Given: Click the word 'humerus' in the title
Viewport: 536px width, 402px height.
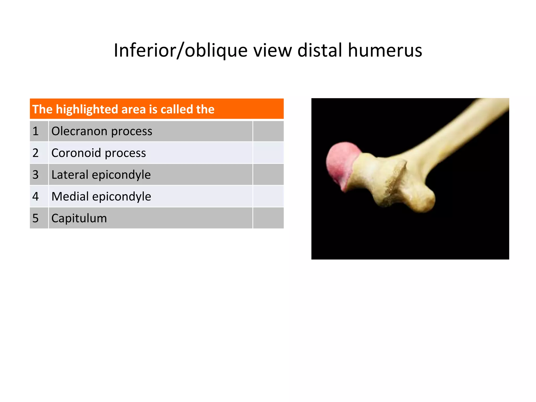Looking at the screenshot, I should [x=385, y=50].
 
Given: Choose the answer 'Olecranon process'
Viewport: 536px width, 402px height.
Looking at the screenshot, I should [x=102, y=131].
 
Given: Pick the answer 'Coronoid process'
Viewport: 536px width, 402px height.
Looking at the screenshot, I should [x=98, y=153].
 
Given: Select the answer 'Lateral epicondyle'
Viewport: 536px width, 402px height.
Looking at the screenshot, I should [x=101, y=175].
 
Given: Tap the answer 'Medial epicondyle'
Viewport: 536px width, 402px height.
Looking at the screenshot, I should [x=101, y=196].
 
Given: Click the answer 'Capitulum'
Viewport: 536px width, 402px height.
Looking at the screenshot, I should [x=79, y=218].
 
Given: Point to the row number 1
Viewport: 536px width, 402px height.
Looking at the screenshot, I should [x=36, y=131].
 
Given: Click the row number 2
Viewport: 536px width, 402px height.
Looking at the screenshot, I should [x=36, y=153].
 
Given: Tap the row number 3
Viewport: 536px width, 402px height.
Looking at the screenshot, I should [x=36, y=175].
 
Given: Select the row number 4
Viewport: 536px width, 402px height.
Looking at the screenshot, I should [x=36, y=196].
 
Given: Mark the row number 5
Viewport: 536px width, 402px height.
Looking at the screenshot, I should [x=36, y=218].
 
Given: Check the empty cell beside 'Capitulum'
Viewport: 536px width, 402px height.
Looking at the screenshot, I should [x=268, y=218].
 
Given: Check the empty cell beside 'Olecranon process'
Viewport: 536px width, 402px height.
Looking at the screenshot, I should [x=268, y=131].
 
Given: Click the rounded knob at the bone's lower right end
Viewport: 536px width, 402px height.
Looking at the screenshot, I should [x=423, y=200].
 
